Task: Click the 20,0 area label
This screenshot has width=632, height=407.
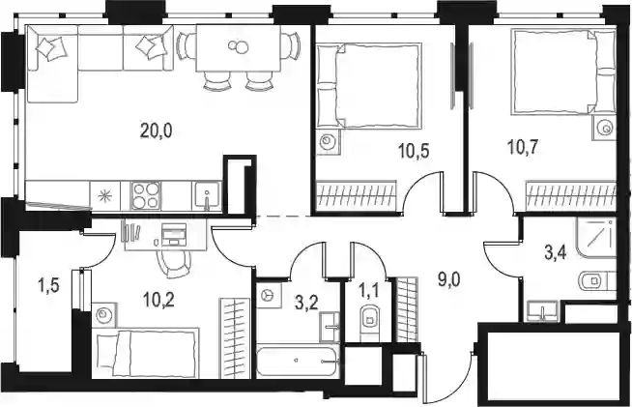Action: click(156, 131)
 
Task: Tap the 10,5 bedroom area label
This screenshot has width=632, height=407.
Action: click(414, 151)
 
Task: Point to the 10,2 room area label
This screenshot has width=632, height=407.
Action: click(158, 300)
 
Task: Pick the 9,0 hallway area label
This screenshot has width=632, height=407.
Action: click(449, 279)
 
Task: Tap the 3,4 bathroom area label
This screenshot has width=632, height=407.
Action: click(556, 253)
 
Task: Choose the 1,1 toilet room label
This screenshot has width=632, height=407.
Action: click(369, 291)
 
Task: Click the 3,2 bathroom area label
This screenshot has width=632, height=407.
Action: click(306, 303)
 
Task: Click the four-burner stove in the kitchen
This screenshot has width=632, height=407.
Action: click(146, 195)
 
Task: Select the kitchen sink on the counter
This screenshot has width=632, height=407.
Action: click(207, 195)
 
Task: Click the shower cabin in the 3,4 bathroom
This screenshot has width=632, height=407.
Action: click(596, 238)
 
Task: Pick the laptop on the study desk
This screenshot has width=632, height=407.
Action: click(174, 234)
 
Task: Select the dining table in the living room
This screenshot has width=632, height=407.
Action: click(239, 47)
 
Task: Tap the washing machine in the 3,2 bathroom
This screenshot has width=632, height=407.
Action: click(267, 295)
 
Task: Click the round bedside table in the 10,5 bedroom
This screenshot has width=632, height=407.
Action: click(328, 141)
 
